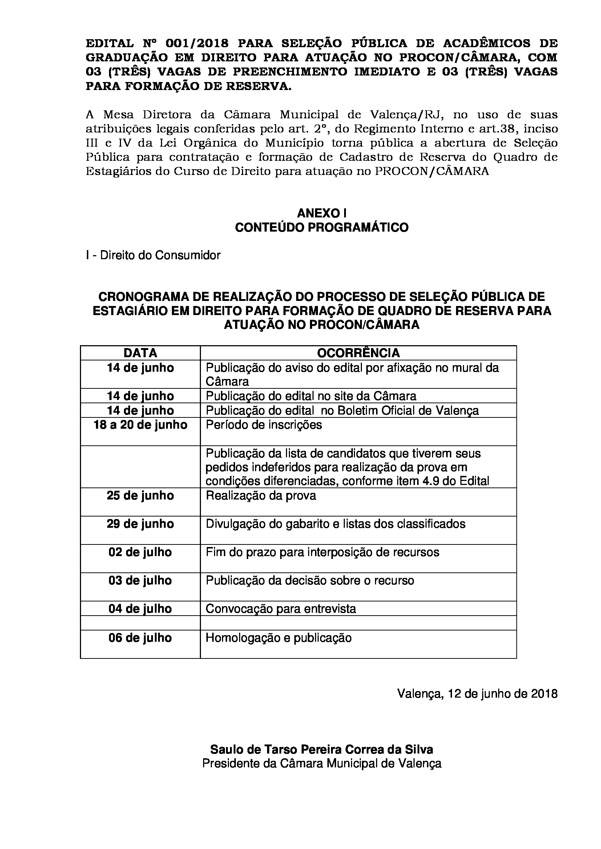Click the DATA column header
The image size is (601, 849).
click(140, 353)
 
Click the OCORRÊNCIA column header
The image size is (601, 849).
click(358, 353)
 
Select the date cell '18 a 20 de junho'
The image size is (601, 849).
click(140, 425)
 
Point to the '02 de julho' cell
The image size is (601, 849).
click(140, 552)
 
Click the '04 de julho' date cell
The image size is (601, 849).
click(140, 609)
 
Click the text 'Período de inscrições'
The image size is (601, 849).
click(264, 425)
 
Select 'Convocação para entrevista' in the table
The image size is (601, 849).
click(281, 609)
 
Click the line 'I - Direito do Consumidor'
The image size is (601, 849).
click(153, 255)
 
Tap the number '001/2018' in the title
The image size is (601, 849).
click(197, 44)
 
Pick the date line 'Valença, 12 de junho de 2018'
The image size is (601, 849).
click(477, 693)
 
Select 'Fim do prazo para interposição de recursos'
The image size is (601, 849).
click(322, 552)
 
